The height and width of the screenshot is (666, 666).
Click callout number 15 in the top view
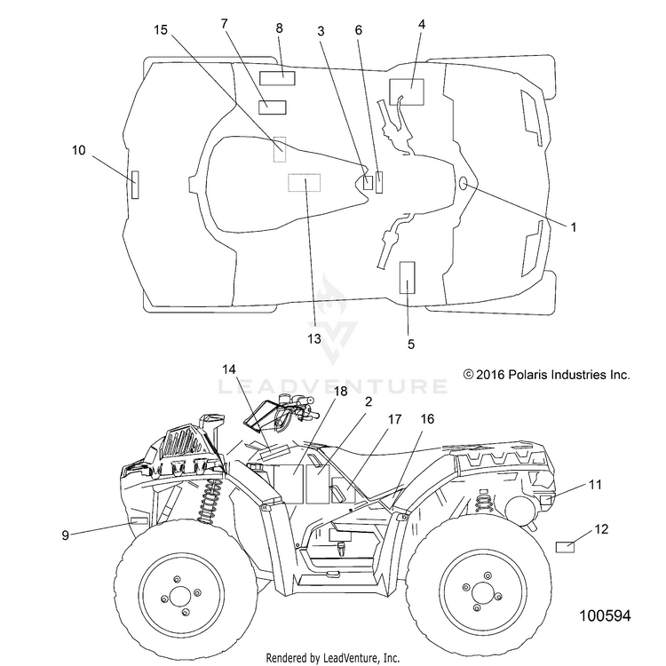pos(161,30)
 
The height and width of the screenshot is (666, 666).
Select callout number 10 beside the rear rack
pos(78,150)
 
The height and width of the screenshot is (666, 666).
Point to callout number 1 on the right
pos(574,227)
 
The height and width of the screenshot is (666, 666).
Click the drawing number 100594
pos(606,615)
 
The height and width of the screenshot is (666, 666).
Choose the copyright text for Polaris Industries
pos(547,375)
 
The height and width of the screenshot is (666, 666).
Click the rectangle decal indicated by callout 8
pos(277,78)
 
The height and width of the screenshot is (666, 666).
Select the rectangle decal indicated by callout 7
pos(273,107)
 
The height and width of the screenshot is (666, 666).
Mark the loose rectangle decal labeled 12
pos(565,547)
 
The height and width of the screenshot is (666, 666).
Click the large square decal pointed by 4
pos(407,91)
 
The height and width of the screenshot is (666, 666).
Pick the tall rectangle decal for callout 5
pos(408,277)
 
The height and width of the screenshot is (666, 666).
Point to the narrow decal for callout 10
pos(135,185)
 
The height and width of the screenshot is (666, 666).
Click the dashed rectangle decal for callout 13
pos(304,183)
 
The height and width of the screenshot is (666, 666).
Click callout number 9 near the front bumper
pos(65,535)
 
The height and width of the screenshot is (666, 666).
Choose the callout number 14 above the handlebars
pos(229,369)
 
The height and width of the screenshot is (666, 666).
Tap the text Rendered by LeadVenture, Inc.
pos(333,658)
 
